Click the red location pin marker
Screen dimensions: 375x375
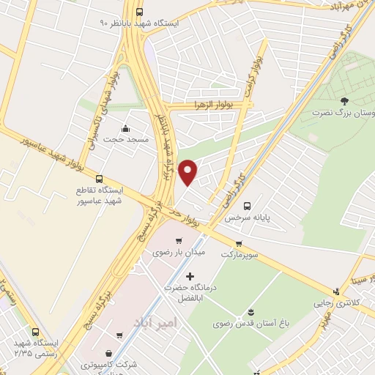[188, 171]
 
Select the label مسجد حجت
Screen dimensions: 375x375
[126, 139]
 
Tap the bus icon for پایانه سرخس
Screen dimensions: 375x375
[247, 206]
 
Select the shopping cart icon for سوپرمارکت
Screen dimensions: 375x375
[239, 243]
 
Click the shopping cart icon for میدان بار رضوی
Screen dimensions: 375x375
[178, 240]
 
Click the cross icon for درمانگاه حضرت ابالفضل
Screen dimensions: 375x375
[191, 276]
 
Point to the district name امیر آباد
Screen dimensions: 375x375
[155, 323]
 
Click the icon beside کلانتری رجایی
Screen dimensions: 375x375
[336, 291]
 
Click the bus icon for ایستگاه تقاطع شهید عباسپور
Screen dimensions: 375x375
[100, 178]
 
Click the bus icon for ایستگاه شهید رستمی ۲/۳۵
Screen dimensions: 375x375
[34, 331]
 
